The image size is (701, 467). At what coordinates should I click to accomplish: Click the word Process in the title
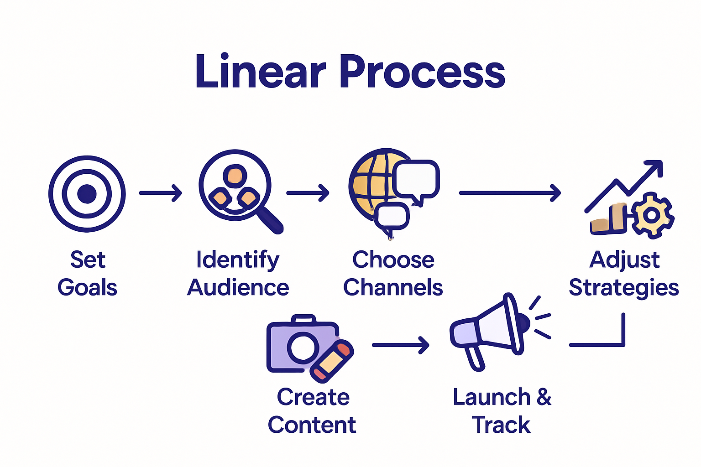coord(422,72)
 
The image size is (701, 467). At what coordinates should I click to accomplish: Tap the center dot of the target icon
coord(87,194)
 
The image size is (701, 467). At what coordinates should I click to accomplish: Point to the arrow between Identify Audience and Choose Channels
coord(308,193)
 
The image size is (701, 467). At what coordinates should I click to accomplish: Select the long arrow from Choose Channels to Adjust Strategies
coord(509,193)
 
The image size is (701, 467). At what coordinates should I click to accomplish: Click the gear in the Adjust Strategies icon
coord(652,215)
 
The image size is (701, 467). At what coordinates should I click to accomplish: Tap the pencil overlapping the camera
coord(332,361)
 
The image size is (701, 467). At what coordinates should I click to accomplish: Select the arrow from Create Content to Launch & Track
coord(400,345)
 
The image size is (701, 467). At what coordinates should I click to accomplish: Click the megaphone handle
coord(475,358)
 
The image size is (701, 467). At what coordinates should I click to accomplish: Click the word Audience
coord(238,288)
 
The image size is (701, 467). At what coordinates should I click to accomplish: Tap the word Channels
coord(393,288)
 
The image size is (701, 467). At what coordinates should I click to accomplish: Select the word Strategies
coord(623,288)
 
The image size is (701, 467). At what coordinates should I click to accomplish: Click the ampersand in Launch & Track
coord(544,397)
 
